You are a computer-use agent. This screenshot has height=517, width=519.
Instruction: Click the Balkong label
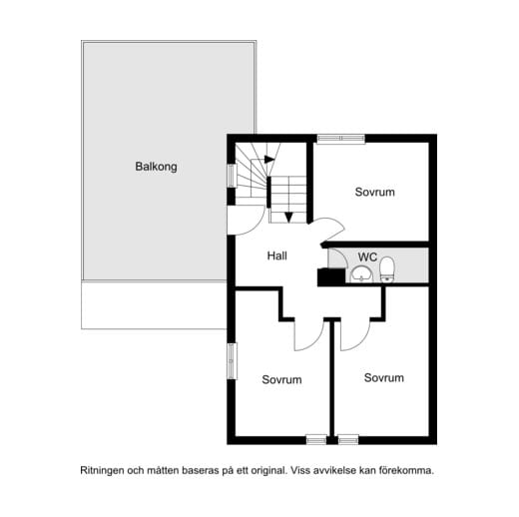click(x=156, y=167)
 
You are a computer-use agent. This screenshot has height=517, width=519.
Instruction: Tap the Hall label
click(x=277, y=256)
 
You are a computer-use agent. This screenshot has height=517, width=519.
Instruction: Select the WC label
click(x=367, y=256)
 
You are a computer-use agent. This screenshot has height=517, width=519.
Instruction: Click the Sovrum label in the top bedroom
click(x=375, y=192)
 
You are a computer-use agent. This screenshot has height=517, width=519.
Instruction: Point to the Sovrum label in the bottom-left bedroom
click(x=281, y=379)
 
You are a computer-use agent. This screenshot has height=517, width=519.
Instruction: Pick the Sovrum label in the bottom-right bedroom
click(x=383, y=377)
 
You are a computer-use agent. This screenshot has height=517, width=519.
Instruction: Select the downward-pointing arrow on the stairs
click(x=287, y=216)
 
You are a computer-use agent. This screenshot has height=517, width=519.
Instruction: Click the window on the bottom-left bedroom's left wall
click(x=231, y=360)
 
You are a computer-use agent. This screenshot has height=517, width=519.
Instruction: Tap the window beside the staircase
click(x=231, y=175)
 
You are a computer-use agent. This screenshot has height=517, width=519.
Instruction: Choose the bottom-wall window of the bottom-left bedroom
click(x=315, y=438)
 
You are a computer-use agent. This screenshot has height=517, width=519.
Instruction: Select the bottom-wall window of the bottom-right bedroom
click(x=347, y=438)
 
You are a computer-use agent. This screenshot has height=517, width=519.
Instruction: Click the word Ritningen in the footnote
click(x=104, y=469)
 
